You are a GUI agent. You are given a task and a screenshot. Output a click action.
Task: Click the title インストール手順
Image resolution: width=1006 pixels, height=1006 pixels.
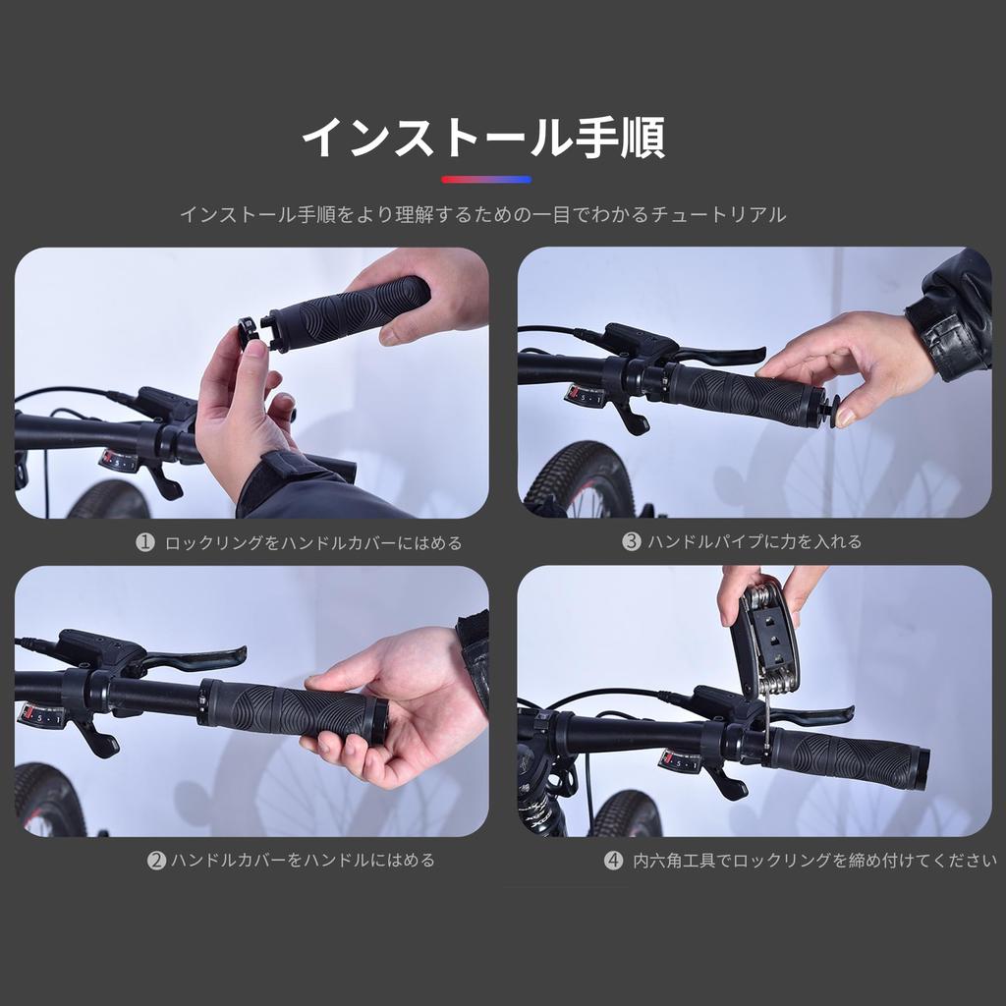point(482,139)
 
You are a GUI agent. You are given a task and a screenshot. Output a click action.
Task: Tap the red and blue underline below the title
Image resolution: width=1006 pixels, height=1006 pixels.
point(486,180)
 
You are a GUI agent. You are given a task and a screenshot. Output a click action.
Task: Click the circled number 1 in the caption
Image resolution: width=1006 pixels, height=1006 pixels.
point(145,542)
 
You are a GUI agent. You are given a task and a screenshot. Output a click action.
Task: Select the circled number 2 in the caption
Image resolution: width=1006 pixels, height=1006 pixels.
point(156,861)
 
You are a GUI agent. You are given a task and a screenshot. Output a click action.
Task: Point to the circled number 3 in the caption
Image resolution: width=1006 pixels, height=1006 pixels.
point(631,541)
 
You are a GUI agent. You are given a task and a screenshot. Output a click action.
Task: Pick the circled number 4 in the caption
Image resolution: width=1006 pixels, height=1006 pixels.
point(613,861)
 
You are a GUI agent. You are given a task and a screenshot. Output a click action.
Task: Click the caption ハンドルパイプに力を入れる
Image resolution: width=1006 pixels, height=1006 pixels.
point(754,541)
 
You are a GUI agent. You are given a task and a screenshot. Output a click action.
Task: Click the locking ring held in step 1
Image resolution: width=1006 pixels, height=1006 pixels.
point(250,331)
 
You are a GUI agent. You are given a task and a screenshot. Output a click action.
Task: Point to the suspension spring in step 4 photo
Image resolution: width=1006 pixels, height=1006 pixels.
point(536,808)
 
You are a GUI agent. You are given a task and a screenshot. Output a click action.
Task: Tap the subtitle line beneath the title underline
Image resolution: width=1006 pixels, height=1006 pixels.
point(482,214)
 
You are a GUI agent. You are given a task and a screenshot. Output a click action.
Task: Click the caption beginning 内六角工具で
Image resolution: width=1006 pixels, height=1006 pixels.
point(813,861)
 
